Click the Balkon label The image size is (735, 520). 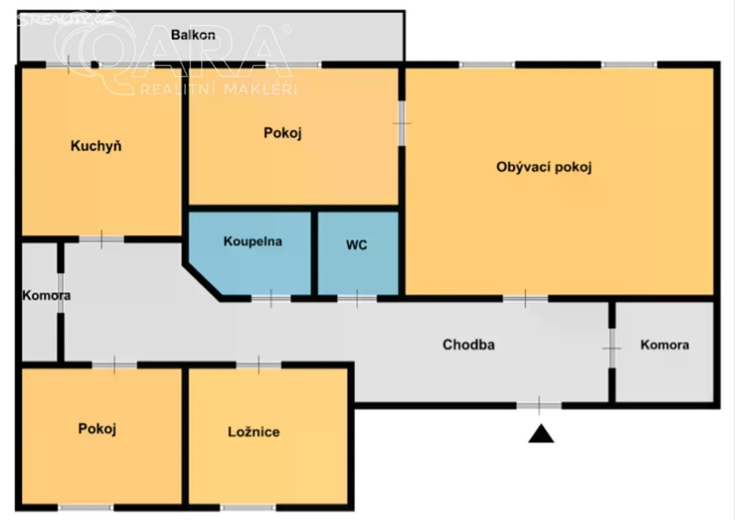point(193,35)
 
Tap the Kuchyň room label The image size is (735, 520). point(96,146)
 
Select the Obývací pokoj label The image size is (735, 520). point(544,167)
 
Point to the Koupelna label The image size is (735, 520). point(252,242)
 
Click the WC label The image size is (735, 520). point(356,245)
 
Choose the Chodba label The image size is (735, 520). point(468,345)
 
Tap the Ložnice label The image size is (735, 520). point(254,432)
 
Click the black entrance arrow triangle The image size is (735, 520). point(541,434)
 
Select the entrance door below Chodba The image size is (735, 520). point(539,406)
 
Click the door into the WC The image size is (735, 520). point(357,299)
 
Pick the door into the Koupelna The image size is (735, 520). point(271,299)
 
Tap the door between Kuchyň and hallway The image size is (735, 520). point(102,240)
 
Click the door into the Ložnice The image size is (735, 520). point(258,365)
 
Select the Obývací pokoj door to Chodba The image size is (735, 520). point(526,299)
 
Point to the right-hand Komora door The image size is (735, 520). point(612,348)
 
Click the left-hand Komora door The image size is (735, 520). point(61,293)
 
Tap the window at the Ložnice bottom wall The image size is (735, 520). point(247,508)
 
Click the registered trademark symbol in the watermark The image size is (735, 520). point(287,29)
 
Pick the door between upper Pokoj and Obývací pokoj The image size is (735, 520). point(402,123)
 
